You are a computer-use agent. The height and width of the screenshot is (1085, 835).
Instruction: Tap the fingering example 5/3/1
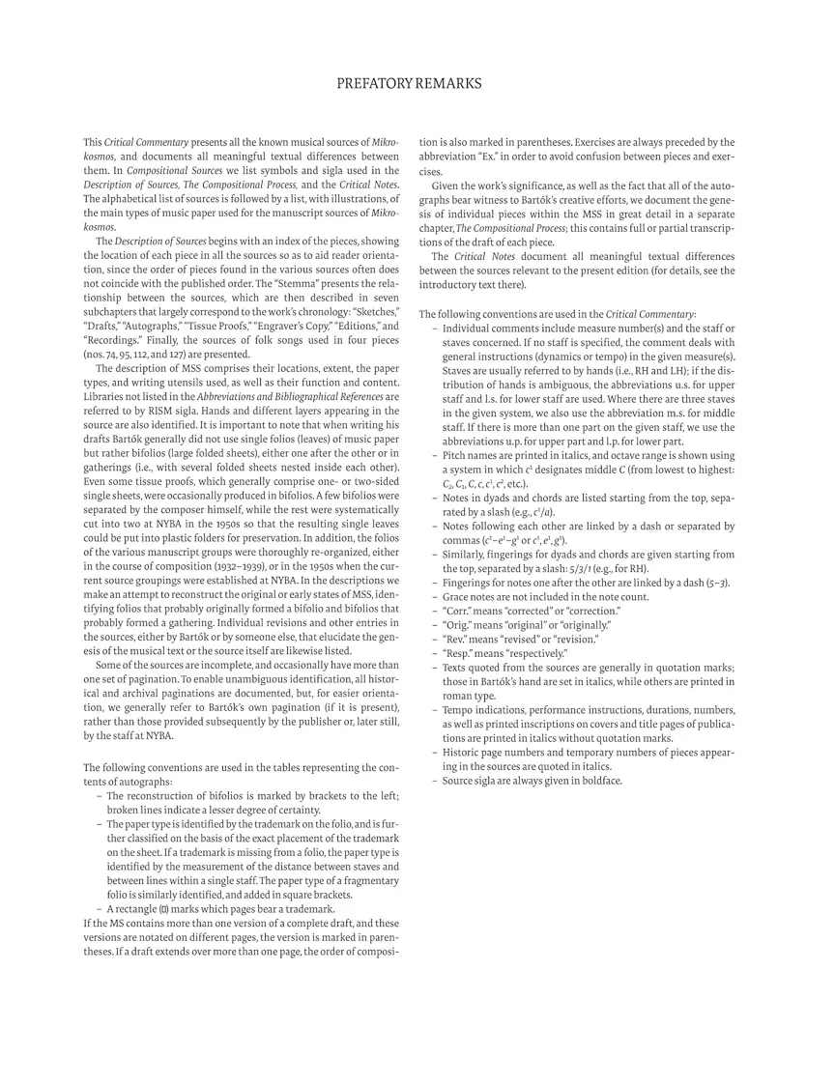pos(585,569)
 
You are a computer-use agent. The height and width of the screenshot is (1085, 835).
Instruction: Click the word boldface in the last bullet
pos(598,780)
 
